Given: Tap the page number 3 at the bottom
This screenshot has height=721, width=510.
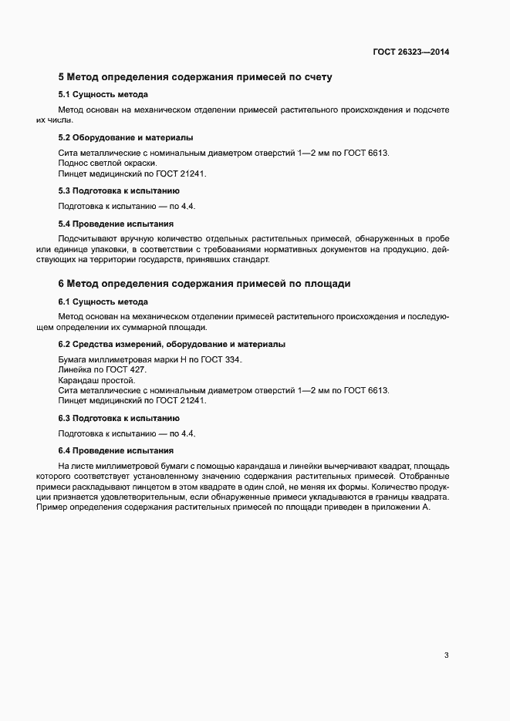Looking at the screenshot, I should point(446,656).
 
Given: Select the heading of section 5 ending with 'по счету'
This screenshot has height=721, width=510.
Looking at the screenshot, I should point(195,77).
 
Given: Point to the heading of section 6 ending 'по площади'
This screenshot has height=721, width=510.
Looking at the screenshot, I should point(204,284).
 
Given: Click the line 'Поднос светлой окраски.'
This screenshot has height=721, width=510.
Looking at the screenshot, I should point(107,163).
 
